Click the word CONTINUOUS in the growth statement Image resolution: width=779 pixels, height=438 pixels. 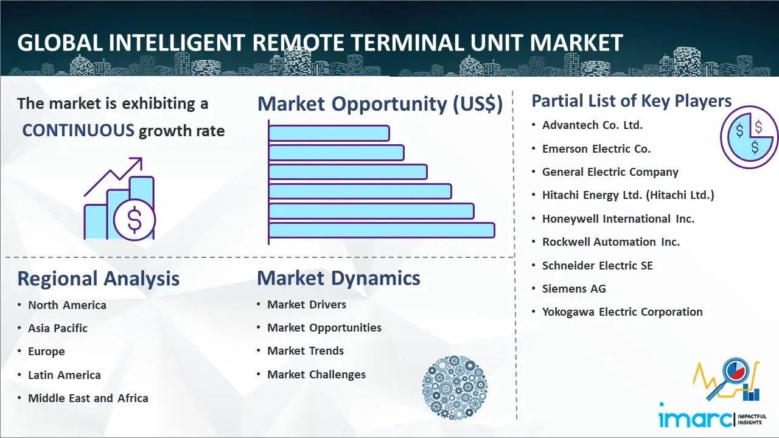pyautogui.click(x=79, y=130)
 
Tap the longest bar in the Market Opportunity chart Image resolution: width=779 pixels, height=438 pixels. pyautogui.click(x=382, y=231)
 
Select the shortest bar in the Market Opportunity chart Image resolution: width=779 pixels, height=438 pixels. pyautogui.click(x=329, y=133)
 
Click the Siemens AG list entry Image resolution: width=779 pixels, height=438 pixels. pyautogui.click(x=574, y=288)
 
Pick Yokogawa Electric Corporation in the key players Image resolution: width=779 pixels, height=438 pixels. pyautogui.click(x=622, y=312)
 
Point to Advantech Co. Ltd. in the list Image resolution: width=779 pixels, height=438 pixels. pyautogui.click(x=592, y=125)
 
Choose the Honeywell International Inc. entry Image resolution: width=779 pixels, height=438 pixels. pyautogui.click(x=618, y=218)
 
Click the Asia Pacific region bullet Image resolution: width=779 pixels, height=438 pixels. pyautogui.click(x=58, y=328)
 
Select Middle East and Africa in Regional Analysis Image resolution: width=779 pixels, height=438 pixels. pyautogui.click(x=88, y=398)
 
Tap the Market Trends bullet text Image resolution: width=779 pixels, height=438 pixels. pyautogui.click(x=306, y=351)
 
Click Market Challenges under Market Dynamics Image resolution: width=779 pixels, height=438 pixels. pyautogui.click(x=316, y=374)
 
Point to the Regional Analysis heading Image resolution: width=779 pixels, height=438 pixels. pyautogui.click(x=99, y=279)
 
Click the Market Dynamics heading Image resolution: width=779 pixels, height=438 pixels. pyautogui.click(x=338, y=278)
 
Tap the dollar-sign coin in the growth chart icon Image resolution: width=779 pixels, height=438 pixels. pyautogui.click(x=134, y=220)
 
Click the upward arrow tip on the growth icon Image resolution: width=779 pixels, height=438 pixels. pyautogui.click(x=141, y=159)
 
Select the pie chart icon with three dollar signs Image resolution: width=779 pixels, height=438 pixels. pyautogui.click(x=749, y=137)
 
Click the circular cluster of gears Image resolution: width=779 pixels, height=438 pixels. pyautogui.click(x=455, y=388)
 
